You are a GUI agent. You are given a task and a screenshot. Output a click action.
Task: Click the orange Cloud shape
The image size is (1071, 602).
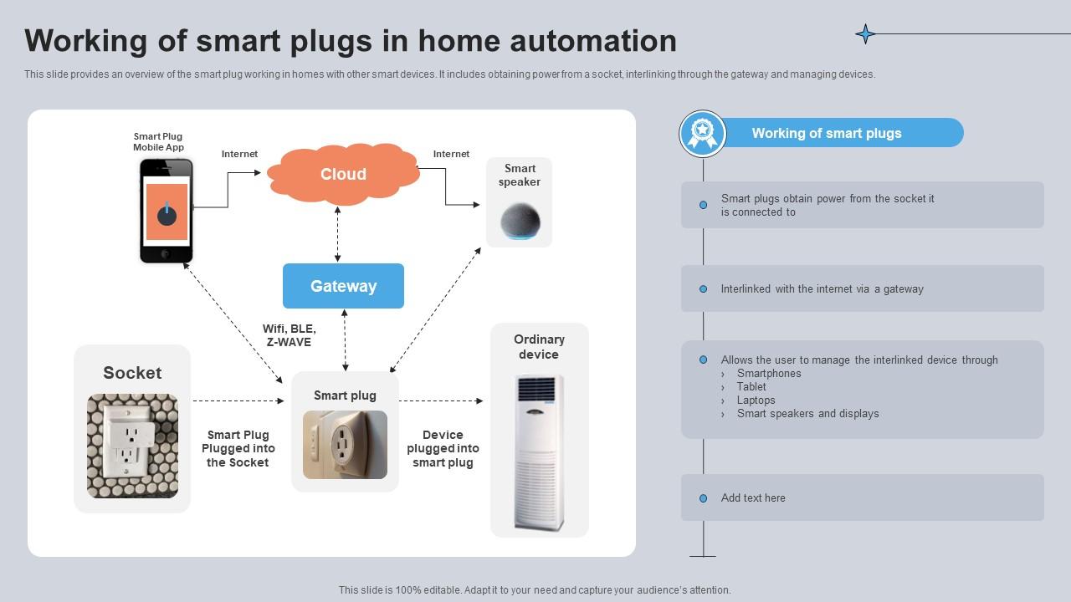343,174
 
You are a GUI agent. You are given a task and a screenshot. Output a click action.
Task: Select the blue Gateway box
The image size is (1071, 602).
343,286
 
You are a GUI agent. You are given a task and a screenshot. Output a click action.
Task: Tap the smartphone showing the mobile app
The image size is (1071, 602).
166,211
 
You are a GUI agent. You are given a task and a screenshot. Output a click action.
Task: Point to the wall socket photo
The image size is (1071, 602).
132,446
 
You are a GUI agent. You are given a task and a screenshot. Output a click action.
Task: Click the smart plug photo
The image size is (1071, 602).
345,445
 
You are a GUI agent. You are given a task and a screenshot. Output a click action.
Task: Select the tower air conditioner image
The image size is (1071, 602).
539,451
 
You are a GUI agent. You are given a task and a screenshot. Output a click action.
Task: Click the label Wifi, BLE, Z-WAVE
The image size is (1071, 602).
289,335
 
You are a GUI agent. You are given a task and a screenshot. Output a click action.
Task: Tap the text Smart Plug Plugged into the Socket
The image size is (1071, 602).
238,448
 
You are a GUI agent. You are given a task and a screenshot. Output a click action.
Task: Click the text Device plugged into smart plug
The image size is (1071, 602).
443,448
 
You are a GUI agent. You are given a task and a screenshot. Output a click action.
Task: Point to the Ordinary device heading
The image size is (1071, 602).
539,346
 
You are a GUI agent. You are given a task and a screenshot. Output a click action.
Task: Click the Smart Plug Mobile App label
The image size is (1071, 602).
158,142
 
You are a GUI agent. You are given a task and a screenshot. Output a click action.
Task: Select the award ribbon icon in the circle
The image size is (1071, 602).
702,134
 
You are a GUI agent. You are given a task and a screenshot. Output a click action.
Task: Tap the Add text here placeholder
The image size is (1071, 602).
753,497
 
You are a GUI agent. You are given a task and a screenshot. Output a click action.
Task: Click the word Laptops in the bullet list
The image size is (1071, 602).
756,400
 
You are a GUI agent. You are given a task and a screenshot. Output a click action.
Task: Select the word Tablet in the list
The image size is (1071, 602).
751,386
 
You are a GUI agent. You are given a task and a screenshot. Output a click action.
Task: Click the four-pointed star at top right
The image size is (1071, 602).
865,33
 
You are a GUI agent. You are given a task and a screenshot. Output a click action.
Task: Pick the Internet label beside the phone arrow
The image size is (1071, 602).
239,154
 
